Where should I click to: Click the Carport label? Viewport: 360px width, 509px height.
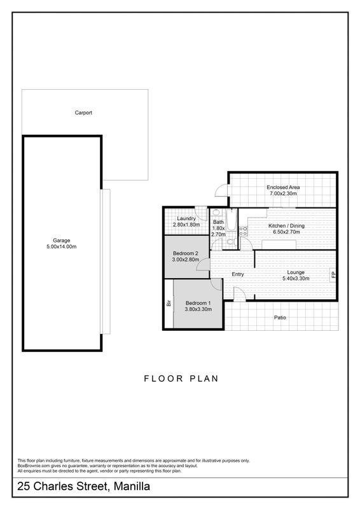point(83,113)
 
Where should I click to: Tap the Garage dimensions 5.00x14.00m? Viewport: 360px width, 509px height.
point(61,247)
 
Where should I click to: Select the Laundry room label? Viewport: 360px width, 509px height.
point(186,218)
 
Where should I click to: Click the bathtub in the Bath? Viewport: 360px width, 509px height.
point(231,220)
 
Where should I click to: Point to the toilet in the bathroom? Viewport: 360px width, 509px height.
point(231,241)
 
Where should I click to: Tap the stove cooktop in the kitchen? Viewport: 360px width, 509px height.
point(243,230)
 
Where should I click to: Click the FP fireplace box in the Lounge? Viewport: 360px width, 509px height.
point(333,275)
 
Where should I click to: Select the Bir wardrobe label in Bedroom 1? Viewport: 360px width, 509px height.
point(169,303)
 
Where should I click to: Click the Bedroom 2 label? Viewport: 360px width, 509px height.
point(185,253)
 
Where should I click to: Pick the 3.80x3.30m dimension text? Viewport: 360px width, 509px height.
point(198,309)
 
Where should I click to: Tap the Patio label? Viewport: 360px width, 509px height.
point(280,317)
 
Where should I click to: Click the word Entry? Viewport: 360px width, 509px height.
point(238,274)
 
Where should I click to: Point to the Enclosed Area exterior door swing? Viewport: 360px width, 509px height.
point(221,190)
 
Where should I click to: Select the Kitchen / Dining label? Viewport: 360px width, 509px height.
point(286,226)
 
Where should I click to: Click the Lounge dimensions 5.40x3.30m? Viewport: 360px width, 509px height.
point(296,279)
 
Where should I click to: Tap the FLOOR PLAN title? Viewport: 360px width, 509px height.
point(181,379)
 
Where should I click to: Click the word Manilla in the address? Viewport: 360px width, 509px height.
point(132,486)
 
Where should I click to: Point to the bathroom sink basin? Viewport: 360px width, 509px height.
point(216,213)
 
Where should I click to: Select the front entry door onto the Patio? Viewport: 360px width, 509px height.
point(240,295)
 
